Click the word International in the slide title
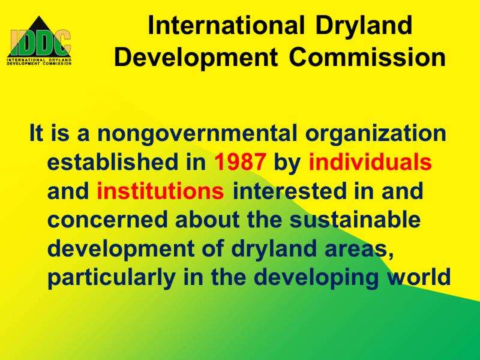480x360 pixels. pyautogui.click(x=226, y=25)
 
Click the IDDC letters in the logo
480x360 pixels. pyautogui.click(x=40, y=43)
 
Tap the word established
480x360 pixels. pyautogui.click(x=113, y=161)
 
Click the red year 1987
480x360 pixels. pyautogui.click(x=239, y=161)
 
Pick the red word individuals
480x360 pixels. pyautogui.click(x=370, y=161)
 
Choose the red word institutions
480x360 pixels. pyautogui.click(x=160, y=190)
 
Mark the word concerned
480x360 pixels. pyautogui.click(x=108, y=220)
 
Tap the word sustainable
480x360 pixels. pyautogui.click(x=355, y=220)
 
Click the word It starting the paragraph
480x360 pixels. pyautogui.click(x=36, y=133)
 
